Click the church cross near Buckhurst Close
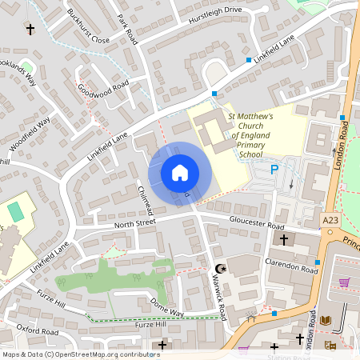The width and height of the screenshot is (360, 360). [x=31, y=30]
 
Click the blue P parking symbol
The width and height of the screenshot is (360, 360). [x=274, y=170]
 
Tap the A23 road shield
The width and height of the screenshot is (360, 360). [x=330, y=219]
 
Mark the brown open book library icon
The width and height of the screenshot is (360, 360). [x=325, y=321]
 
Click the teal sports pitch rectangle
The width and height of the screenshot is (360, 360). [x=15, y=213]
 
